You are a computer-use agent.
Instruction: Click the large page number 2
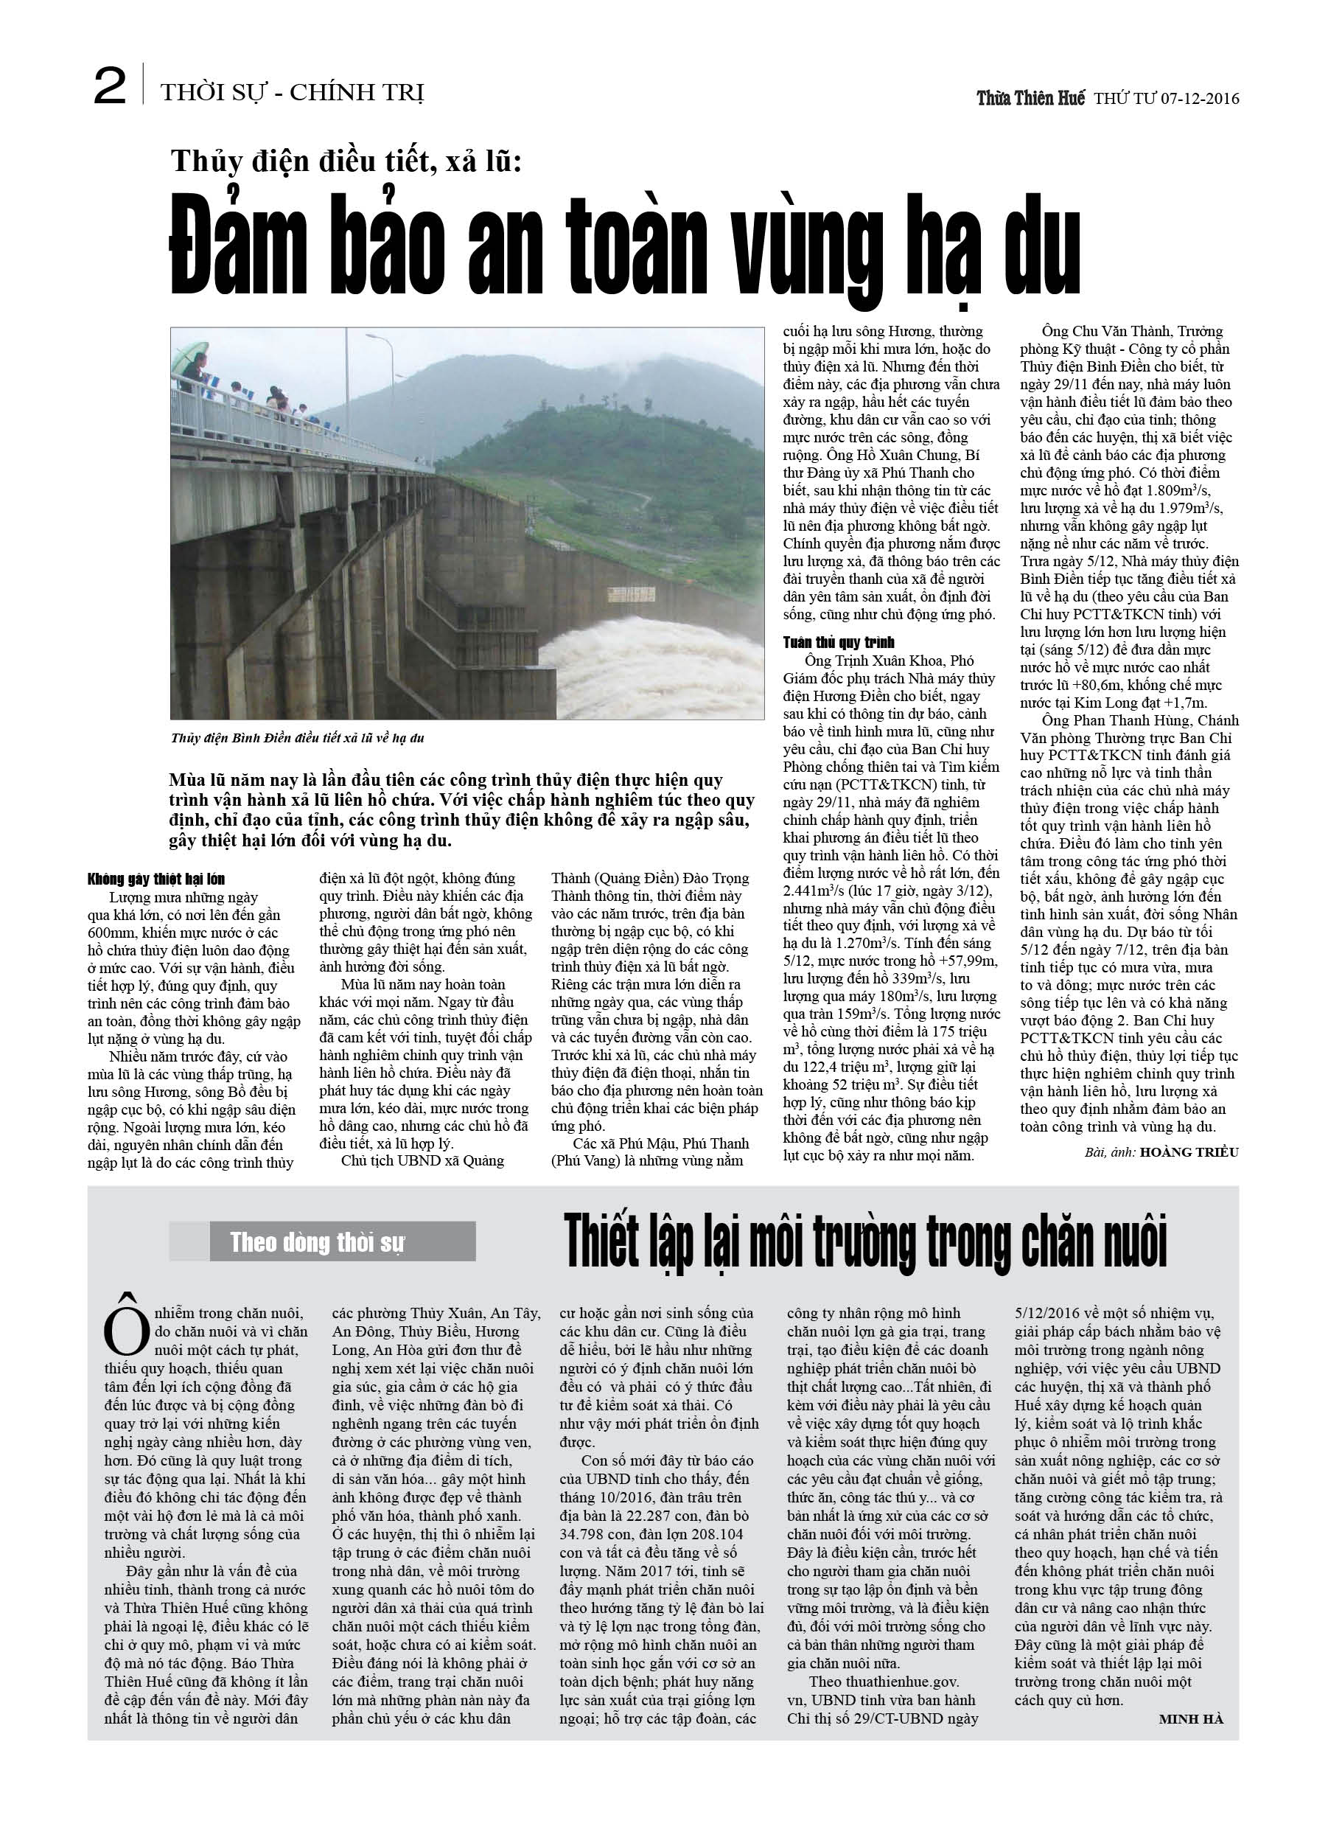click(x=110, y=86)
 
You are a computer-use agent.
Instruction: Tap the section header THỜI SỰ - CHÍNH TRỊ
click(x=292, y=94)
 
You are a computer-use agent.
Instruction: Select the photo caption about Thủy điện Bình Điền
click(x=298, y=738)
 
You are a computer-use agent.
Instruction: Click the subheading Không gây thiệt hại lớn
click(x=155, y=879)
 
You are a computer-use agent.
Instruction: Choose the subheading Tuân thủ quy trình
click(x=839, y=643)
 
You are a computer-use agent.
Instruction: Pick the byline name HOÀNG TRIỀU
click(x=1189, y=1152)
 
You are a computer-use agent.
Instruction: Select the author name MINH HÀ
click(x=1190, y=1719)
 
